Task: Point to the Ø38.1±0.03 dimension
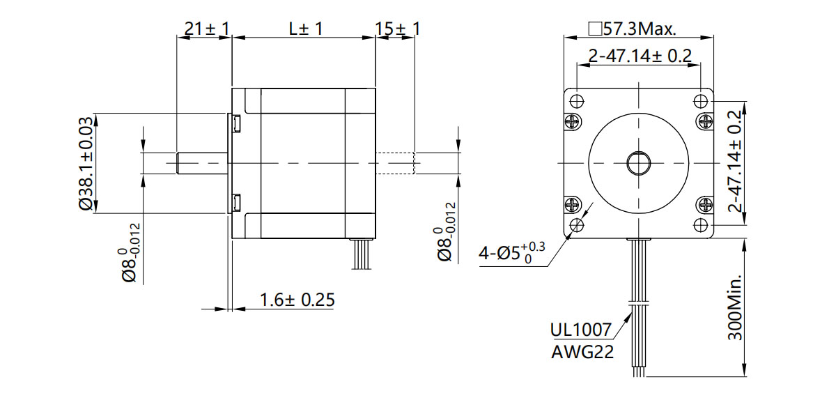tap(85, 163)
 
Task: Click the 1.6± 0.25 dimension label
tap(297, 300)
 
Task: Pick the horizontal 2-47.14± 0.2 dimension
tap(640, 56)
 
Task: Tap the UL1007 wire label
tap(580, 330)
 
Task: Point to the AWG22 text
tap(582, 352)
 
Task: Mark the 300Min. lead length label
tap(734, 307)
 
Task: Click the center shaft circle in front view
tap(638, 163)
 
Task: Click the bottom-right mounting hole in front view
tap(702, 225)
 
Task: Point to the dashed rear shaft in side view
tap(396, 163)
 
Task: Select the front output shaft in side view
tap(203, 163)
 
